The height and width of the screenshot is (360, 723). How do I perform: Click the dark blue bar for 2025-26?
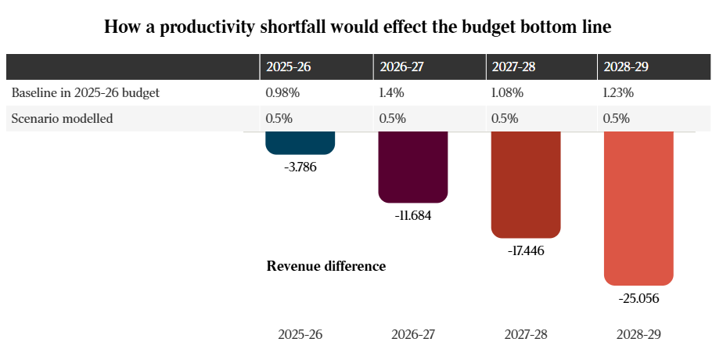(x=300, y=143)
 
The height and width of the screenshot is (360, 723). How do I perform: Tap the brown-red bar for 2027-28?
(x=526, y=185)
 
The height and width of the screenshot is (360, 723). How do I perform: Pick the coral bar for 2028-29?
(x=638, y=208)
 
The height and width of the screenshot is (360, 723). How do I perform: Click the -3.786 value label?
(x=300, y=167)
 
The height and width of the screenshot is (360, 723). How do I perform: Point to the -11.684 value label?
(x=413, y=215)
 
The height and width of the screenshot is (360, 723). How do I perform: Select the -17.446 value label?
(x=526, y=251)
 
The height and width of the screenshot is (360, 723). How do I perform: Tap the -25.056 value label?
(x=638, y=298)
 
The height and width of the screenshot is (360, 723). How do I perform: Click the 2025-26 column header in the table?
(x=289, y=67)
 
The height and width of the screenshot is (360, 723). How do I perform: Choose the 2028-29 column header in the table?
(x=626, y=67)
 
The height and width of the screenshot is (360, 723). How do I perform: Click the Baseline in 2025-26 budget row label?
(x=85, y=92)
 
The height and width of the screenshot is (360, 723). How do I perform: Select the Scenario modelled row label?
(x=62, y=119)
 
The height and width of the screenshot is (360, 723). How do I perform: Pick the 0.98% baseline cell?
(x=282, y=92)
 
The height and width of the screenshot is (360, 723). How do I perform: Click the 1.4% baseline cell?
(x=391, y=92)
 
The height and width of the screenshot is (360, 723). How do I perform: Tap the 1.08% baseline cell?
(x=508, y=92)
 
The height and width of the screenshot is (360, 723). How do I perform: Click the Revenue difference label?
(x=326, y=266)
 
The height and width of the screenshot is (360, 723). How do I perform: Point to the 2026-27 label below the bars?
(x=413, y=334)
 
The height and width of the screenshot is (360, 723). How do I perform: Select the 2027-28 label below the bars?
(x=526, y=334)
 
